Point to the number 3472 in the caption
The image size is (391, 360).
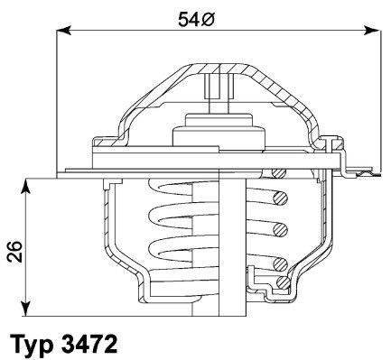(91, 344)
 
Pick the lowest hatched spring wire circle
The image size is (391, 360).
(281, 264)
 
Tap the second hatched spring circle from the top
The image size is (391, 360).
(283, 227)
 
